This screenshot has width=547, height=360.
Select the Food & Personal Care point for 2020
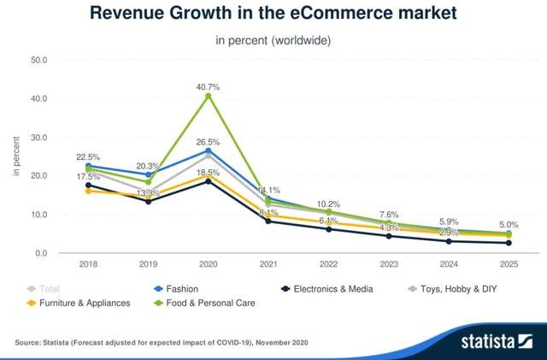208,96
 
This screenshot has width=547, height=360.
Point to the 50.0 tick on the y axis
38,60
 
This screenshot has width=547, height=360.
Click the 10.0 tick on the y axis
38,215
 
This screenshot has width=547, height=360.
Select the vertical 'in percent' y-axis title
16,156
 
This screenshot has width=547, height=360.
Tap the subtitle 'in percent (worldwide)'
273,40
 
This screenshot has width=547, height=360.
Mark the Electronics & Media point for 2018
88,185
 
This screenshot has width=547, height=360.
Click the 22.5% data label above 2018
88,157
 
